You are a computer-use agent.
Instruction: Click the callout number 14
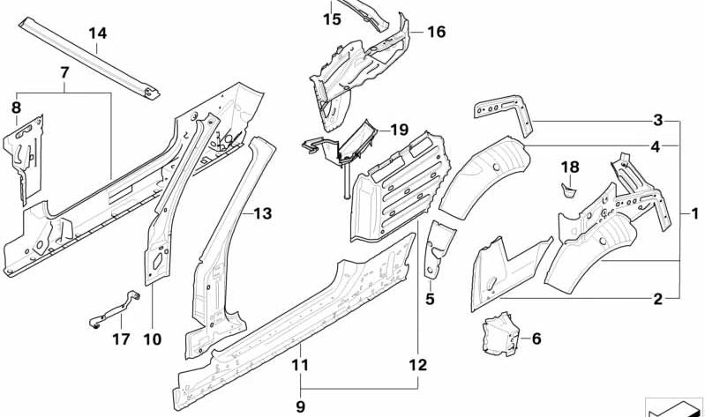(97, 34)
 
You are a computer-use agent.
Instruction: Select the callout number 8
(15, 108)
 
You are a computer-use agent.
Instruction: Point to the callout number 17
(121, 339)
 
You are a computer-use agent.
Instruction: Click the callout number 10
(153, 339)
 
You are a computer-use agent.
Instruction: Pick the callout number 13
(263, 212)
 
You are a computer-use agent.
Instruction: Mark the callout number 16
(436, 33)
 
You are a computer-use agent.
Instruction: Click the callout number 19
(400, 129)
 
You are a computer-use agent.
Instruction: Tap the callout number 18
(570, 167)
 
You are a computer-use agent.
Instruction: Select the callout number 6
(536, 337)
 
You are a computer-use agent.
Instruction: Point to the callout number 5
(430, 299)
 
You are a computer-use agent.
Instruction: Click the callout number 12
(417, 364)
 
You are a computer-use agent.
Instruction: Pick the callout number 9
(301, 406)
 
